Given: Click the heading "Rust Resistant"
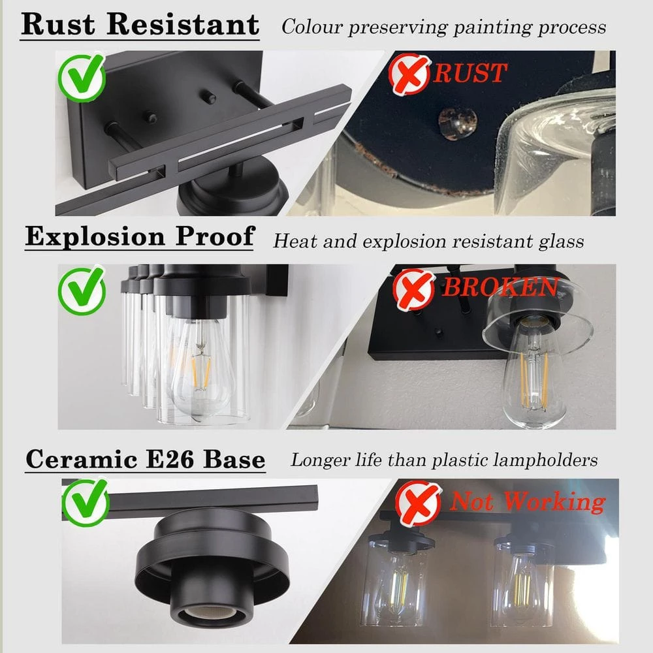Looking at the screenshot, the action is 140,25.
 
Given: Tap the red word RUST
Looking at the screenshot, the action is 470,73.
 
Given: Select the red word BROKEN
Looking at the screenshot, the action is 500,287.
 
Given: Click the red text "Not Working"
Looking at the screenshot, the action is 528,502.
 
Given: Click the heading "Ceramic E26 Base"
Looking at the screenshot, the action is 146,459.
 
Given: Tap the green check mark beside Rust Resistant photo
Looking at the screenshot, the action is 82,77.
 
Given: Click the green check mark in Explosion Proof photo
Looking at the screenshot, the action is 82,291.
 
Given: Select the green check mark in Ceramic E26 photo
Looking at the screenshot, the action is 86,503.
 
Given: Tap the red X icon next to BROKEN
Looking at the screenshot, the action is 413,290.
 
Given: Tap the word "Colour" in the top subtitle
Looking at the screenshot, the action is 312,27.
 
